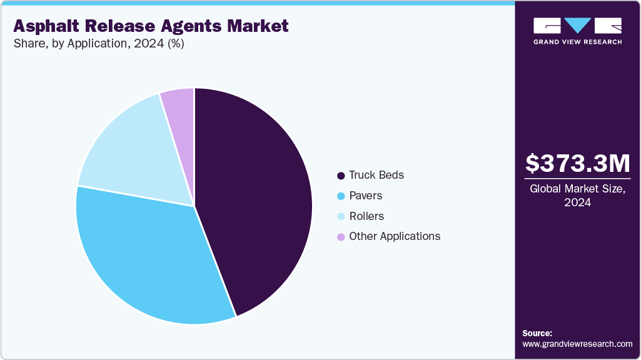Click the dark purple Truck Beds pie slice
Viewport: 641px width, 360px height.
pos(256,200)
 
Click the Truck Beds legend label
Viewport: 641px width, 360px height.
pos(376,175)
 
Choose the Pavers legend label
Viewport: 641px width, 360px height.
pos(366,196)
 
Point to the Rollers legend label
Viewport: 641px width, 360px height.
pos(366,216)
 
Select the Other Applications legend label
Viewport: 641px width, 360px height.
pos(395,236)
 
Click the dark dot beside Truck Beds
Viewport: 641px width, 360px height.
pos(341,176)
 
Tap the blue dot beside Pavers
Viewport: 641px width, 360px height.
pos(341,196)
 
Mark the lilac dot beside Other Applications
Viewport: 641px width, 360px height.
pos(341,237)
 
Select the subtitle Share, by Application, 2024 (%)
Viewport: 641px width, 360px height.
pos(98,44)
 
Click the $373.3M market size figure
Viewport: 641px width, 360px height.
pos(578,164)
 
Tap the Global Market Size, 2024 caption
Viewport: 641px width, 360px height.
pos(578,195)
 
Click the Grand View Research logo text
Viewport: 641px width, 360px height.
pos(577,42)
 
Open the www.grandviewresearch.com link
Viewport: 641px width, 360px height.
pos(577,344)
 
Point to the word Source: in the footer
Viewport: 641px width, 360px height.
pos(537,333)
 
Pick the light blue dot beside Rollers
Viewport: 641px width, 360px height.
pos(341,217)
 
